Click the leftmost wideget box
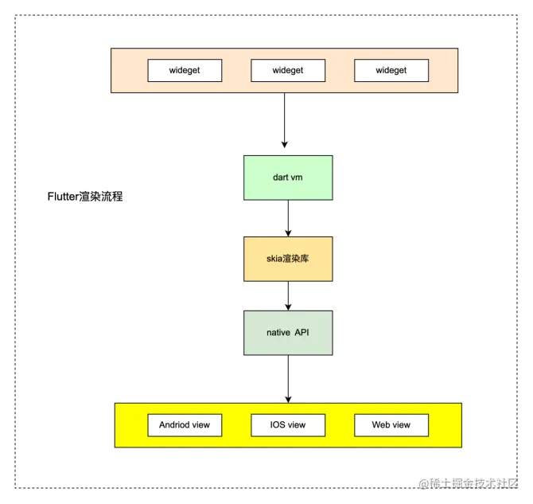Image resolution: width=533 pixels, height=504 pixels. pyautogui.click(x=185, y=70)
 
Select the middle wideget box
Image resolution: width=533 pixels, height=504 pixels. pyautogui.click(x=288, y=70)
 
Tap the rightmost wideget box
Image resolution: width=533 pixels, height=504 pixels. pyautogui.click(x=391, y=70)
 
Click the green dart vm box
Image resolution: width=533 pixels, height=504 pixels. pyautogui.click(x=288, y=178)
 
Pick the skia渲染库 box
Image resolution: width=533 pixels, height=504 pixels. pyautogui.click(x=288, y=259)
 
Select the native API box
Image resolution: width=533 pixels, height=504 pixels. pyautogui.click(x=288, y=332)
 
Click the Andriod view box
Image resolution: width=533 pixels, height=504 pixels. pyautogui.click(x=185, y=424)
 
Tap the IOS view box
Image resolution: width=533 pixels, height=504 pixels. pyautogui.click(x=288, y=424)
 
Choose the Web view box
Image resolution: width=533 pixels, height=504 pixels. pyautogui.click(x=391, y=424)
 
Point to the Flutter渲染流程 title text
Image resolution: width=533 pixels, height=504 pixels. pyautogui.click(x=85, y=196)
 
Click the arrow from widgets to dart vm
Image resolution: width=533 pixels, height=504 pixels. pyautogui.click(x=284, y=119)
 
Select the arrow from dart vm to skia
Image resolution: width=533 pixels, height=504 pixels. pyautogui.click(x=288, y=218)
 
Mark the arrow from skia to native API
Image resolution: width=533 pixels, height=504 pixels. pyautogui.click(x=288, y=295)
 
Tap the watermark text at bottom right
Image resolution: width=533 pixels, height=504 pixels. pyautogui.click(x=469, y=483)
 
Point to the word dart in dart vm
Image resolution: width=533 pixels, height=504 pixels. pyautogui.click(x=280, y=178)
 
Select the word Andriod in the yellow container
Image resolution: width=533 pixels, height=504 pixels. pyautogui.click(x=174, y=424)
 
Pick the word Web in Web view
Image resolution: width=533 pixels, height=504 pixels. pyautogui.click(x=381, y=424)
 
